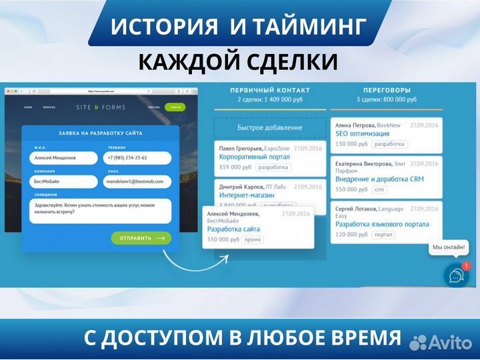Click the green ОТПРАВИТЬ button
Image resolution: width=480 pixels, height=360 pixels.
[x=141, y=237]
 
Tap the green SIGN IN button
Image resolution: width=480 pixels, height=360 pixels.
[x=175, y=107]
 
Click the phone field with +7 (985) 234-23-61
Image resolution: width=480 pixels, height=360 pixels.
[x=137, y=158]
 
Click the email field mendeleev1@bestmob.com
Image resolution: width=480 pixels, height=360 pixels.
[x=137, y=181]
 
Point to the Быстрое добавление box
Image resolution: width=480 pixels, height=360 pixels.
[x=269, y=127]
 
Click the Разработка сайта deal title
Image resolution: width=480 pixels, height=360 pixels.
[x=233, y=229]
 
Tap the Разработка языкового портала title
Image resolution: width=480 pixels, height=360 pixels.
[x=382, y=225]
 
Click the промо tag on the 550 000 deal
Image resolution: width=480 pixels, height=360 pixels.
[x=252, y=240]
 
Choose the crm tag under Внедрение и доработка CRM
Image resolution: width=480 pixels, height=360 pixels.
[x=380, y=189]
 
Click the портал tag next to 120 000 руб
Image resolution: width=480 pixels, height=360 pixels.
[x=383, y=235]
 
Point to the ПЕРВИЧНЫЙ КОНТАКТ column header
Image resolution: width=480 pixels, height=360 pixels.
[x=269, y=90]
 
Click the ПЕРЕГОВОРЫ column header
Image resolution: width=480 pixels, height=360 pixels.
[x=387, y=90]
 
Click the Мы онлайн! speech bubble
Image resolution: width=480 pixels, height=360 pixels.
[x=449, y=248]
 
